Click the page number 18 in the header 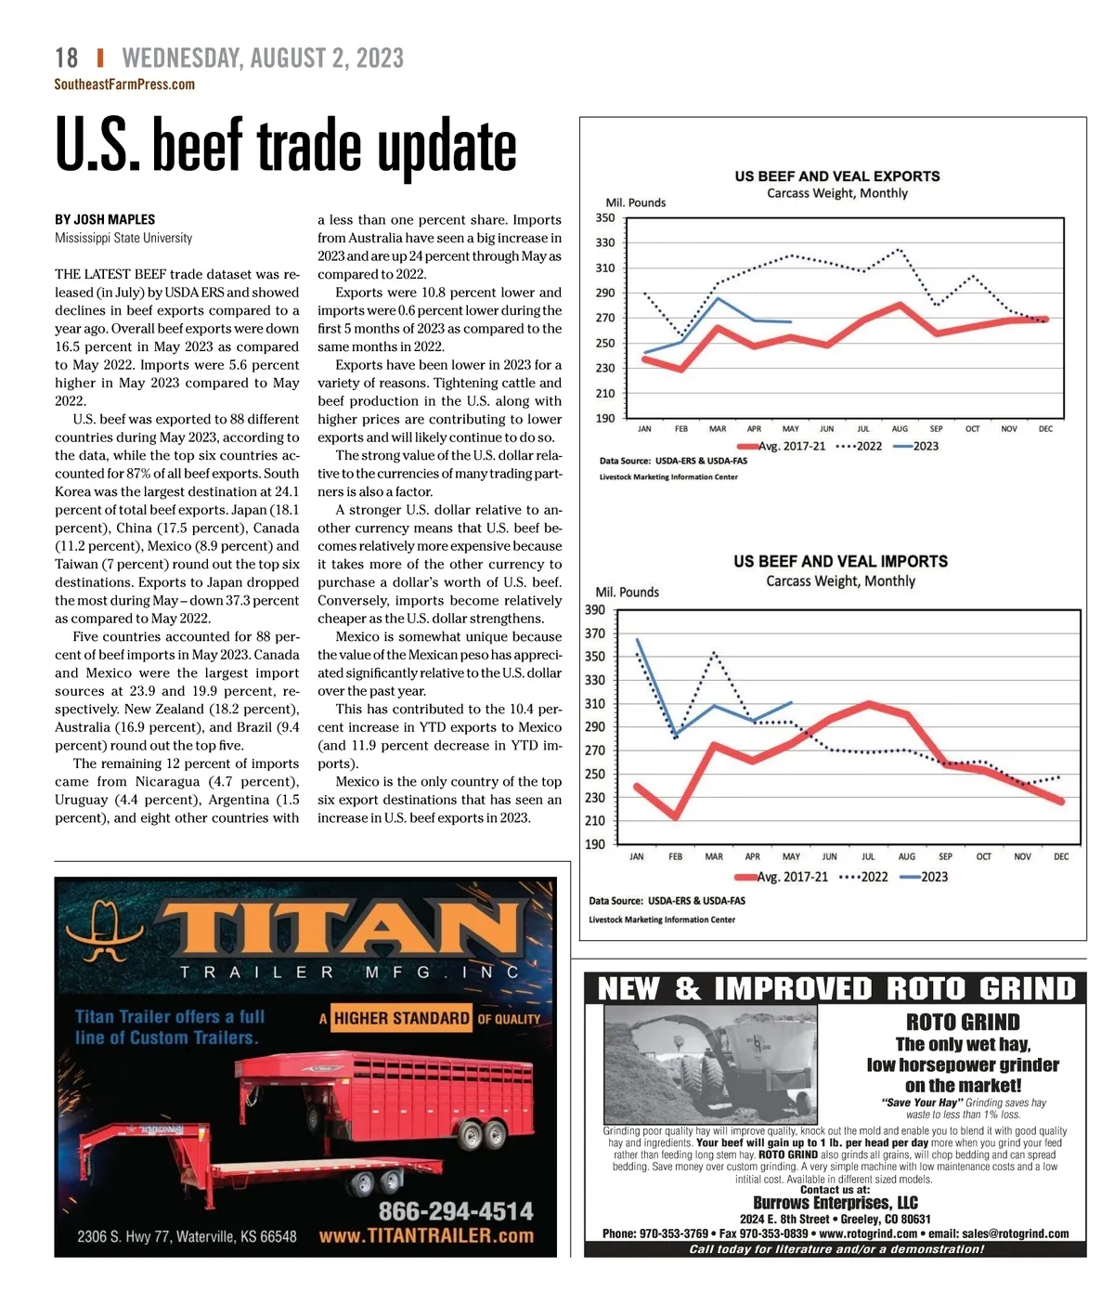tap(67, 58)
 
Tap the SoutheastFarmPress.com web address tap(124, 85)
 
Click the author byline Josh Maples tap(105, 219)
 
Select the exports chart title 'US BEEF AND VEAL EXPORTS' tap(836, 176)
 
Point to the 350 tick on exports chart tap(605, 218)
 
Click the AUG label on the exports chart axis tap(900, 429)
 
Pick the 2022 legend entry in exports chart tap(861, 446)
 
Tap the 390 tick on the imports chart tap(595, 610)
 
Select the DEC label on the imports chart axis tap(1061, 856)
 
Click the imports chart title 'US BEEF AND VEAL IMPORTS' tap(840, 561)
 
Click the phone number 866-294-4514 tap(455, 1211)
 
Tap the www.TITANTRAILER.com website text tap(426, 1236)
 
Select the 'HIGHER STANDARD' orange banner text tap(401, 1018)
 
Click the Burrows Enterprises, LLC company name tap(835, 1203)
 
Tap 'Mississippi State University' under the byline tap(123, 238)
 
